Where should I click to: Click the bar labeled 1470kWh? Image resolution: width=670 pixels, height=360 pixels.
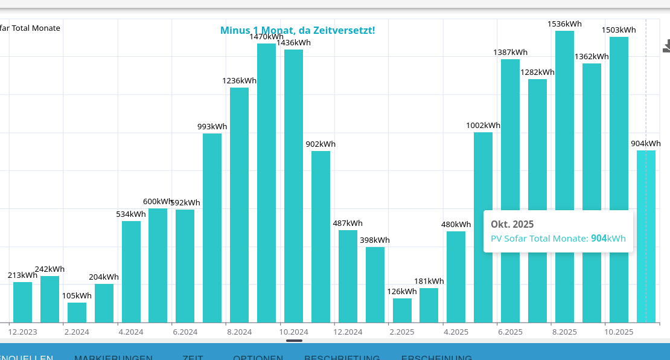point(266,181)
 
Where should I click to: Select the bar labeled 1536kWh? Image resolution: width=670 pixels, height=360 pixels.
point(564,175)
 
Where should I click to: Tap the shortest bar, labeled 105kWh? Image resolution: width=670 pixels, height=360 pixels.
point(77,312)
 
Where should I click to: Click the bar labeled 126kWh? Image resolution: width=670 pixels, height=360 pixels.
point(402,310)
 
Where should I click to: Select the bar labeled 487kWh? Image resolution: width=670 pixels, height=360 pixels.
point(348,276)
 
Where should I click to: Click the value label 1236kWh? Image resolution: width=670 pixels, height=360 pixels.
point(240,81)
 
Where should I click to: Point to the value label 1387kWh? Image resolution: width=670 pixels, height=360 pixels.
point(510,53)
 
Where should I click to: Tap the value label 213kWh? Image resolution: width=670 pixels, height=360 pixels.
point(22,275)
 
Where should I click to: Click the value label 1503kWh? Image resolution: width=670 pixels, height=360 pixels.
point(619,30)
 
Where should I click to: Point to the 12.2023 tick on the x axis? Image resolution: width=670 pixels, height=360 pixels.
point(23,332)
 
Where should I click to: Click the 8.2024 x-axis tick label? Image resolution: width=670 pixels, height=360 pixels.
point(240,332)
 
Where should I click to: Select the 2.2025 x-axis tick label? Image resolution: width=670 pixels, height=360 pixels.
point(402,332)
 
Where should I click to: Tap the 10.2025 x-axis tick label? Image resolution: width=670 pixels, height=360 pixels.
point(619,332)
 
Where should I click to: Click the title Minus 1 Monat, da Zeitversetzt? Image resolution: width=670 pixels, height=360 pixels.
point(298,30)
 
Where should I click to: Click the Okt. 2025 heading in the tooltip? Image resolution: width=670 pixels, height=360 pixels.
point(512,224)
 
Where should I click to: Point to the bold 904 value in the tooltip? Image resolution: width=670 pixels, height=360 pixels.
point(599,239)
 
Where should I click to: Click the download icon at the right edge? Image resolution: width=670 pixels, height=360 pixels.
point(666,46)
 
